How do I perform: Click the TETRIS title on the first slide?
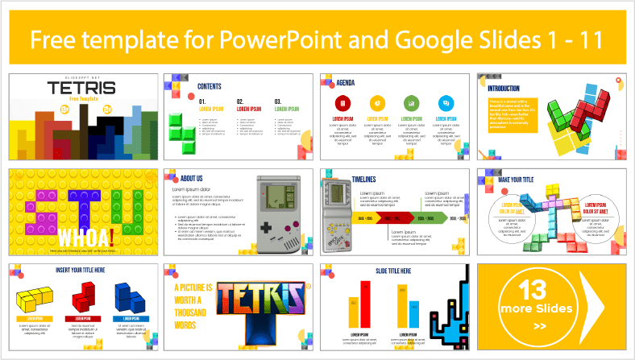coord(81,87)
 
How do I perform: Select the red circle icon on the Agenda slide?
coord(343,103)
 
